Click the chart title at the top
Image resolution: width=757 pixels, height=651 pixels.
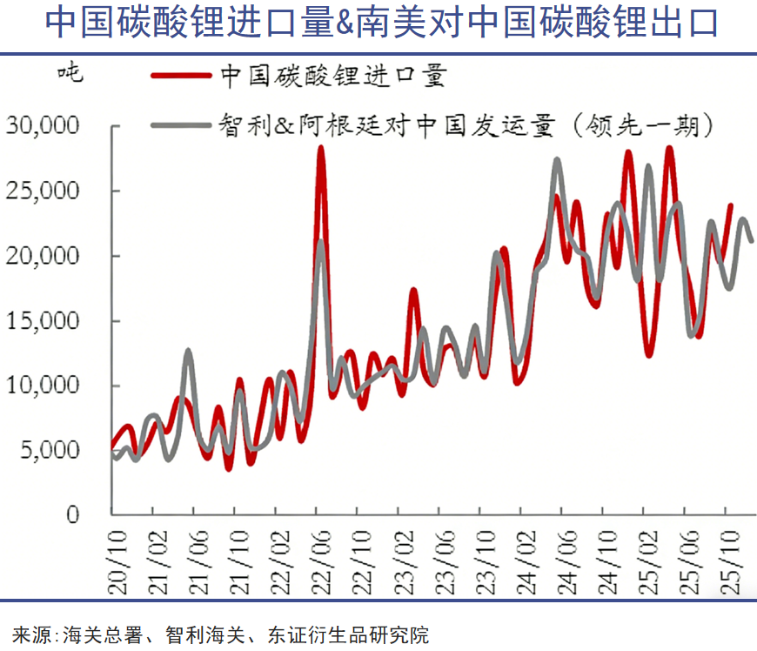tap(380, 23)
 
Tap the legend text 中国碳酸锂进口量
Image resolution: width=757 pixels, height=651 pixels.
tap(333, 76)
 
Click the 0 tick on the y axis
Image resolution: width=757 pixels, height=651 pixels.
tap(72, 514)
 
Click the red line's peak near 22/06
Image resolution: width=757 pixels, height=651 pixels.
tap(320, 148)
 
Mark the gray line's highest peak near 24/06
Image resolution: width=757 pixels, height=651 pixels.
tap(557, 160)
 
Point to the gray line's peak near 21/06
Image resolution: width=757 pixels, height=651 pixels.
tap(188, 351)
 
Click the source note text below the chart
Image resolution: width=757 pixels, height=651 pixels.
tap(221, 634)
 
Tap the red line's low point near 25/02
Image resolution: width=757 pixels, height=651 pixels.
tap(649, 354)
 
